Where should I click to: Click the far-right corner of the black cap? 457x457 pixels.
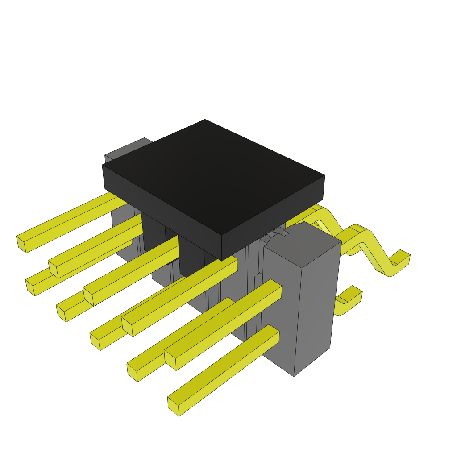click(324, 176)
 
